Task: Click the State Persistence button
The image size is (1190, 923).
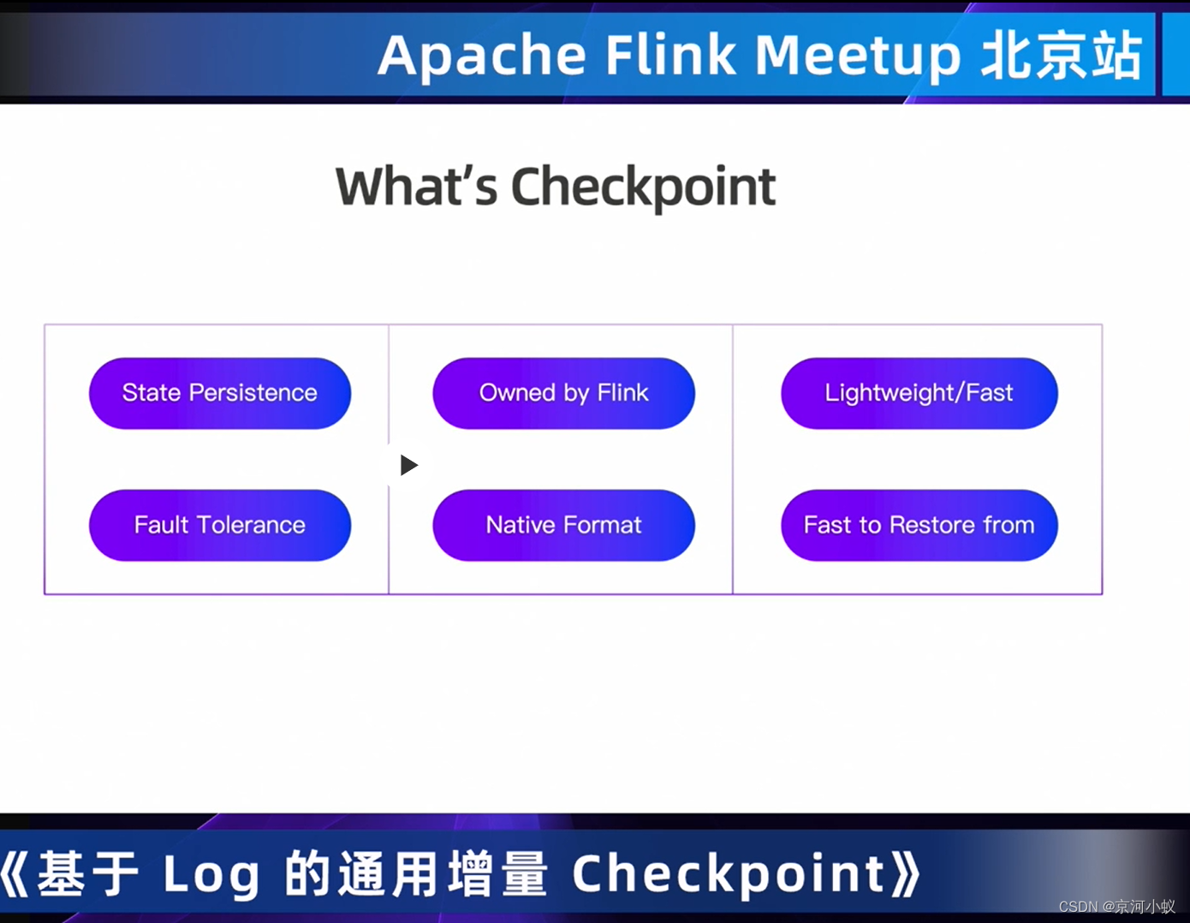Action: [220, 393]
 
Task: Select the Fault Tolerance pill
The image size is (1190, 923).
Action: [220, 525]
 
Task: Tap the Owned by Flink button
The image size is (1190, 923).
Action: [563, 393]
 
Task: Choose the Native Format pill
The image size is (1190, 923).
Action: [563, 525]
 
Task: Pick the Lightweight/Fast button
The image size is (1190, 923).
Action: [919, 393]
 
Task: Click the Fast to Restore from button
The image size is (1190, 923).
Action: [919, 525]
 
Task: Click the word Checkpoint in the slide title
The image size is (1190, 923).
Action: [643, 188]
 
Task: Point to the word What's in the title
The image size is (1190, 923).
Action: [416, 188]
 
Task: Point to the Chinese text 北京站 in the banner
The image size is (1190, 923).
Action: [1062, 57]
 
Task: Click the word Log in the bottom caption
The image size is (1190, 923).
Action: [211, 874]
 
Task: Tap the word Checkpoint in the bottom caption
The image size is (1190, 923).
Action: [729, 874]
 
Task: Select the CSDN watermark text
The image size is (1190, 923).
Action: [1116, 907]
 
